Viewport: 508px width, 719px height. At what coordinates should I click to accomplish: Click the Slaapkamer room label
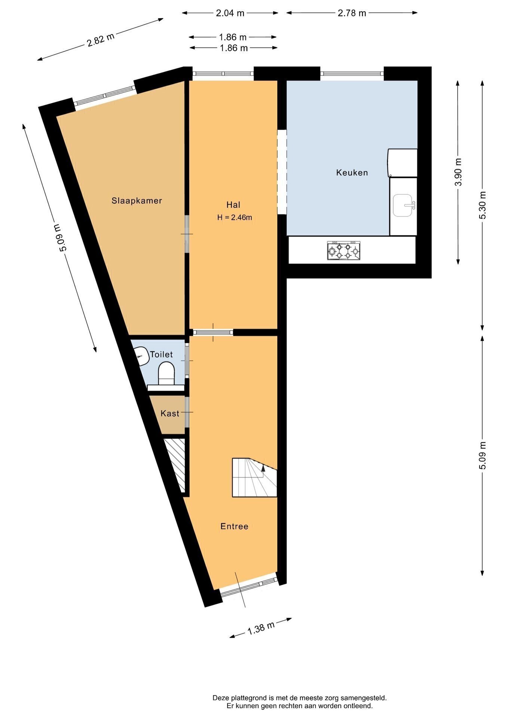[x=137, y=201]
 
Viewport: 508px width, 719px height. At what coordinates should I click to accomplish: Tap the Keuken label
[x=352, y=173]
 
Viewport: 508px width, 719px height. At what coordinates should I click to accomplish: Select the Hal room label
[x=233, y=205]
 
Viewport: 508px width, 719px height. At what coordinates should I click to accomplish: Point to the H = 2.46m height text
[x=235, y=217]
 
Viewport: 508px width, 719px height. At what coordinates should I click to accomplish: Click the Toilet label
[x=161, y=354]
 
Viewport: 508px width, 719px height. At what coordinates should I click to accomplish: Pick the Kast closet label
[x=170, y=413]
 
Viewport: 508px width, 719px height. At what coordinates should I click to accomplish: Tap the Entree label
[x=235, y=527]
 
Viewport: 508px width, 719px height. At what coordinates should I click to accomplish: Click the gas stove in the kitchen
[x=344, y=251]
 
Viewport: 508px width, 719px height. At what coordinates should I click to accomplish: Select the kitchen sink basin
[x=403, y=205]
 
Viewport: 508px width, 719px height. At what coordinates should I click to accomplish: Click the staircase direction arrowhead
[x=263, y=467]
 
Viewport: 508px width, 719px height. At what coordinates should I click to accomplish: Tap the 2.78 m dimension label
[x=352, y=13]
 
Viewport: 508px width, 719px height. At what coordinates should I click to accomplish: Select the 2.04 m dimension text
[x=230, y=13]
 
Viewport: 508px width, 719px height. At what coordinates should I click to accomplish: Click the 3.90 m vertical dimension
[x=458, y=172]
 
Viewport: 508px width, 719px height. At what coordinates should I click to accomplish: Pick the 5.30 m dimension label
[x=483, y=205]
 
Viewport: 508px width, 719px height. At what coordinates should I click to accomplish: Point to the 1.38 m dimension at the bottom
[x=261, y=628]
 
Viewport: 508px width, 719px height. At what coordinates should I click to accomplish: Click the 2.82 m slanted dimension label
[x=101, y=40]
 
